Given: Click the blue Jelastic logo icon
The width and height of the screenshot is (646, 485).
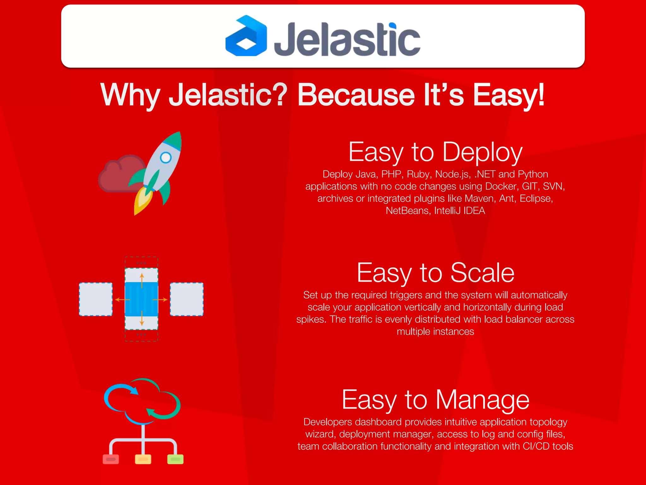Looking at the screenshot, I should tap(246, 36).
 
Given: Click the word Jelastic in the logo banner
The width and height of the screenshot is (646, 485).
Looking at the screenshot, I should tap(347, 39).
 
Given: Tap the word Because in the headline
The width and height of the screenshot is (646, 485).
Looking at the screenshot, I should tap(356, 95).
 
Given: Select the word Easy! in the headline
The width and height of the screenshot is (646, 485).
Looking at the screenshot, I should tap(508, 95).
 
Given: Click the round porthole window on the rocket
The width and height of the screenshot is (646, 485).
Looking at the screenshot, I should tap(166, 157).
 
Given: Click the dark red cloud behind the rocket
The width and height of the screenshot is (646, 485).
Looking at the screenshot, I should tap(118, 174).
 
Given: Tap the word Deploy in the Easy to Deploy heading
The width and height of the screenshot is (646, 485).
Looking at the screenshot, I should tap(483, 153).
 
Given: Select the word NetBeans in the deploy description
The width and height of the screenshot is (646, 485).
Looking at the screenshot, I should tap(407, 211).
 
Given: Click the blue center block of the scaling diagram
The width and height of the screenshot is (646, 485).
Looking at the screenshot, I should tap(141, 299).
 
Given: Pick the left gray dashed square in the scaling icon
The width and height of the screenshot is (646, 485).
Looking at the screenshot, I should tap(96, 299).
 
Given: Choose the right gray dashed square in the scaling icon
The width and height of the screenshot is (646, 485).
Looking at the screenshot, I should tap(187, 299).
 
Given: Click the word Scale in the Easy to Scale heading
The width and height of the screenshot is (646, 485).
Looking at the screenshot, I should tap(483, 273).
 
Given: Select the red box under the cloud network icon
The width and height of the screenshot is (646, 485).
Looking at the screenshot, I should tap(111, 459).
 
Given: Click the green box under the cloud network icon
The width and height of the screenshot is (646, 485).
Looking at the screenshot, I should tap(175, 459).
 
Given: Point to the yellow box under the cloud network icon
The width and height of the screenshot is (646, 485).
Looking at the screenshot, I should tap(143, 459).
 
